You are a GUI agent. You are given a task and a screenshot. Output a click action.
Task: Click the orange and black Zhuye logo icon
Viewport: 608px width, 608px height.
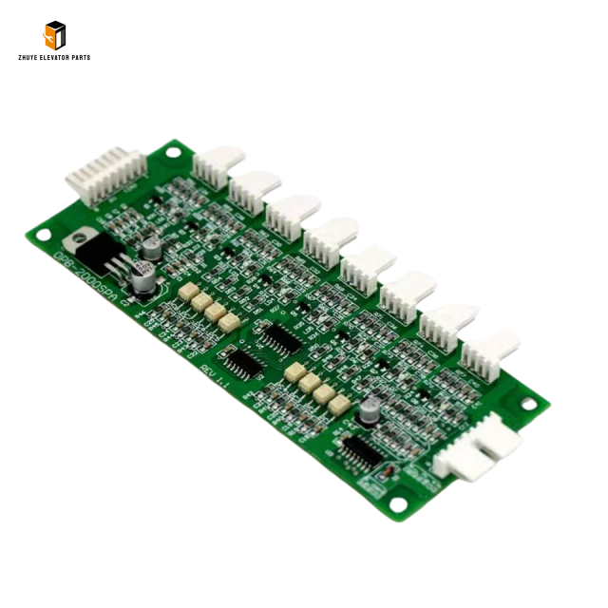[54, 35]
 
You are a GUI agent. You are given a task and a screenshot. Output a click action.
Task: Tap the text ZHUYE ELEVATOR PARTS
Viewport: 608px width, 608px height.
[54, 58]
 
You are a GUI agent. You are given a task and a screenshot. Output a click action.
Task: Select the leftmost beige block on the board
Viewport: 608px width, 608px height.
[187, 292]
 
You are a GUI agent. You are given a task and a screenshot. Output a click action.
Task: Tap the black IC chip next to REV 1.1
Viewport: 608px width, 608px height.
[244, 362]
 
